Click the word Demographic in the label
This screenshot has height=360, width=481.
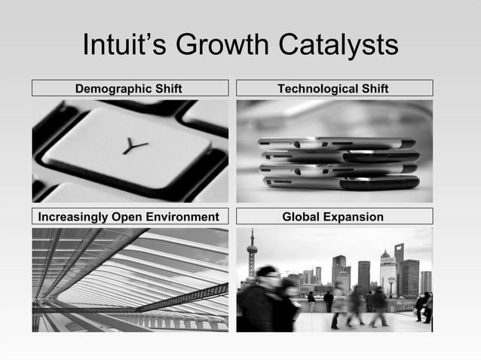click(112, 89)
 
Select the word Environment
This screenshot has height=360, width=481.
click(185, 218)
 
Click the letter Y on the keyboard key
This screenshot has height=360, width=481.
click(135, 147)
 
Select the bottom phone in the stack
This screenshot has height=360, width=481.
click(339, 183)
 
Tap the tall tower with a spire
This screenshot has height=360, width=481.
click(252, 260)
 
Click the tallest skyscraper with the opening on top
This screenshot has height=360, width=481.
click(398, 267)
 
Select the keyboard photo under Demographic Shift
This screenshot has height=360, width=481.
click(130, 151)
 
